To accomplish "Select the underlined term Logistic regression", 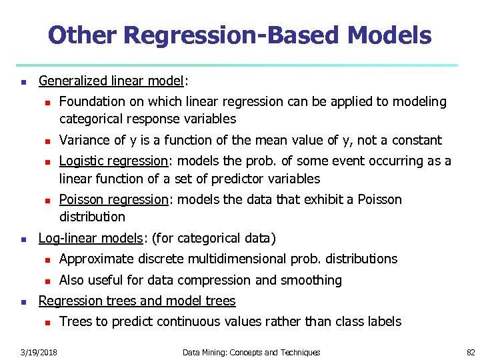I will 113,161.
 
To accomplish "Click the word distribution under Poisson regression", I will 92,217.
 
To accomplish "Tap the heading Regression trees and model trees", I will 137,301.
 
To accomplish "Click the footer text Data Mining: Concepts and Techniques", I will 251,352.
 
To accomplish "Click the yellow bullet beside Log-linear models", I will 23,239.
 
